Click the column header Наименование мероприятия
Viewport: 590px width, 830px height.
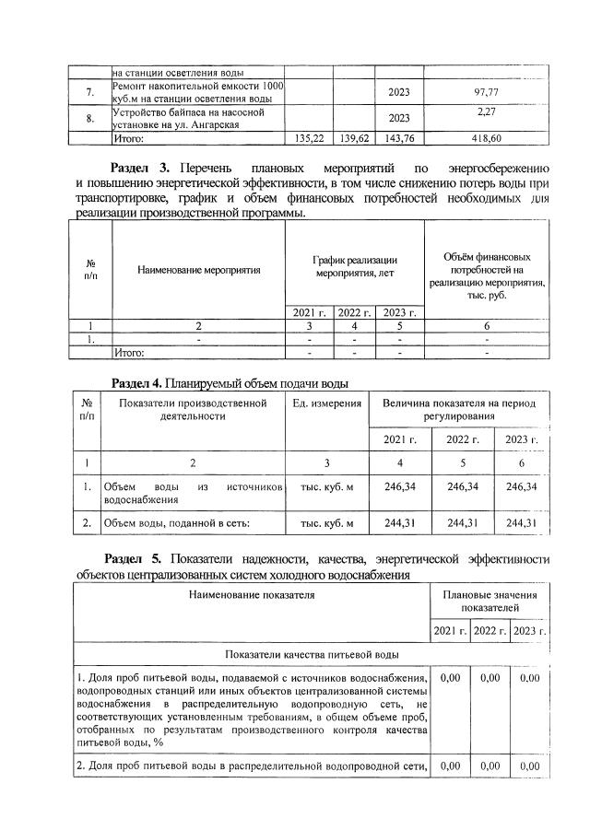coord(198,270)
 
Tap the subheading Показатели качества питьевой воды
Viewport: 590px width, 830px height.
coord(311,654)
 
